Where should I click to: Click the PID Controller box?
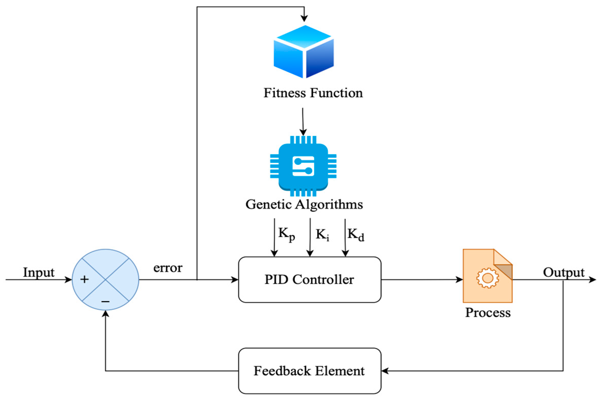pyautogui.click(x=310, y=280)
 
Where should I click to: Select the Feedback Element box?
pyautogui.click(x=310, y=371)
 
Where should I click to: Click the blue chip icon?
pyautogui.click(x=303, y=166)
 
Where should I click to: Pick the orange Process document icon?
pyautogui.click(x=487, y=276)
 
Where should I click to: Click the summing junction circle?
pyautogui.click(x=106, y=280)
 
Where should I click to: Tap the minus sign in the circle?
pyautogui.click(x=105, y=302)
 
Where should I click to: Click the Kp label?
pyautogui.click(x=286, y=234)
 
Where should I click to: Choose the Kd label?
pyautogui.click(x=356, y=234)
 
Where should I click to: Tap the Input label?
pyautogui.click(x=39, y=272)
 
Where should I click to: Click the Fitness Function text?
pyautogui.click(x=313, y=93)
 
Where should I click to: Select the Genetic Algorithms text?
pyautogui.click(x=304, y=205)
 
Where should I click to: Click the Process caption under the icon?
pyautogui.click(x=488, y=313)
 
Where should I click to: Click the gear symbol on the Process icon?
pyautogui.click(x=487, y=278)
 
